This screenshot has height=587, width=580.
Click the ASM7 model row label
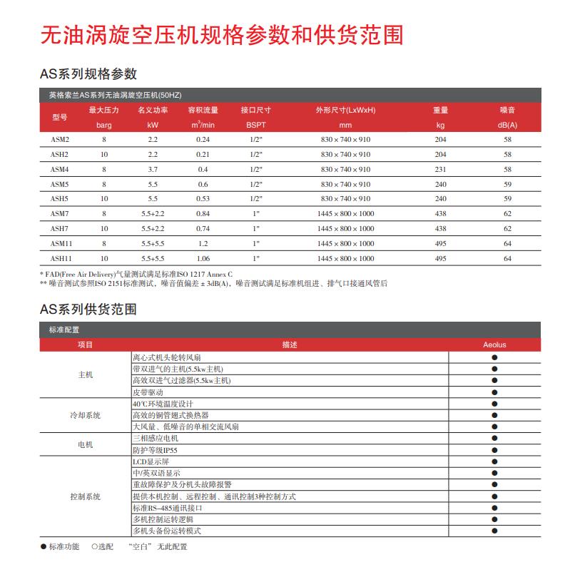pyautogui.click(x=59, y=214)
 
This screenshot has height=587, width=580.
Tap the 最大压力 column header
pyautogui.click(x=103, y=111)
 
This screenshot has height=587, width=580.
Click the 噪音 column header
pyautogui.click(x=507, y=111)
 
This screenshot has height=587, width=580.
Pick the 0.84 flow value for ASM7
pyautogui.click(x=203, y=214)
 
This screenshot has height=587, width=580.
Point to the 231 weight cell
pyautogui.click(x=440, y=170)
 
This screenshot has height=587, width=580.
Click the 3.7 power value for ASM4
pyautogui.click(x=153, y=170)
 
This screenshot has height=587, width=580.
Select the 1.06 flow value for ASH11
pyautogui.click(x=203, y=259)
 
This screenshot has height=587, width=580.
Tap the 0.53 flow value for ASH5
pyautogui.click(x=203, y=199)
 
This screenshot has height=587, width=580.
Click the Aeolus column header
pyautogui.click(x=494, y=345)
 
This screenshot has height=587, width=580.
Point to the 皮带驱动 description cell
pyautogui.click(x=148, y=392)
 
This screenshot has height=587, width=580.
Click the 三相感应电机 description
pyautogui.click(x=155, y=439)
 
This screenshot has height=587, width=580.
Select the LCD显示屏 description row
pyautogui.click(x=149, y=461)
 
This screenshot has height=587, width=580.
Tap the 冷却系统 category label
pyautogui.click(x=85, y=415)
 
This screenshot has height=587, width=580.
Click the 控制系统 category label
pyautogui.click(x=85, y=496)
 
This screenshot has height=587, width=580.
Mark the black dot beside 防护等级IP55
pyautogui.click(x=494, y=450)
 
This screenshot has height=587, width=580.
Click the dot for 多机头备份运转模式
pyautogui.click(x=494, y=531)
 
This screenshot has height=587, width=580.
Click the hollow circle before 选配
pyautogui.click(x=94, y=547)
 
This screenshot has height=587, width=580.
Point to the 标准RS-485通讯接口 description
pyautogui.click(x=168, y=508)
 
